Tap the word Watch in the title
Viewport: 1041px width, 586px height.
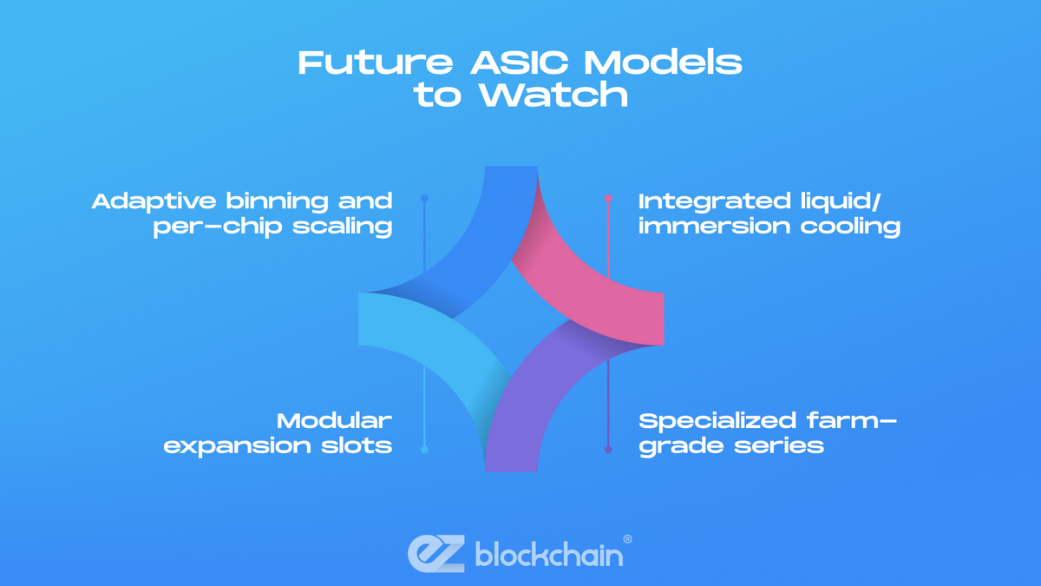553,95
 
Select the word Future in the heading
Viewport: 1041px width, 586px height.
376,63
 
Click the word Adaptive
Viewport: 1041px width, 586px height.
154,202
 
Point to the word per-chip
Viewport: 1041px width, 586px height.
218,227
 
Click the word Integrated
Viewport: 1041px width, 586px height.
714,202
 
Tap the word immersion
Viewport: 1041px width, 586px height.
714,227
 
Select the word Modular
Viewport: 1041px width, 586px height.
335,421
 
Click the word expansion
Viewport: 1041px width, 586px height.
237,447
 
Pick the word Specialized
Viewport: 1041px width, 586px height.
717,422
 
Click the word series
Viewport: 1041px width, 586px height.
779,446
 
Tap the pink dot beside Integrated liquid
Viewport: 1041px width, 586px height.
608,198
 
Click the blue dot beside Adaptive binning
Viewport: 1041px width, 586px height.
424,198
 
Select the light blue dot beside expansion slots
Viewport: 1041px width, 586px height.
424,450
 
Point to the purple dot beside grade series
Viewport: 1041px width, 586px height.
608,450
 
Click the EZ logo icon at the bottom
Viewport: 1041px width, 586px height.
435,554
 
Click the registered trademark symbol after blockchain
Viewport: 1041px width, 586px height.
627,539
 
